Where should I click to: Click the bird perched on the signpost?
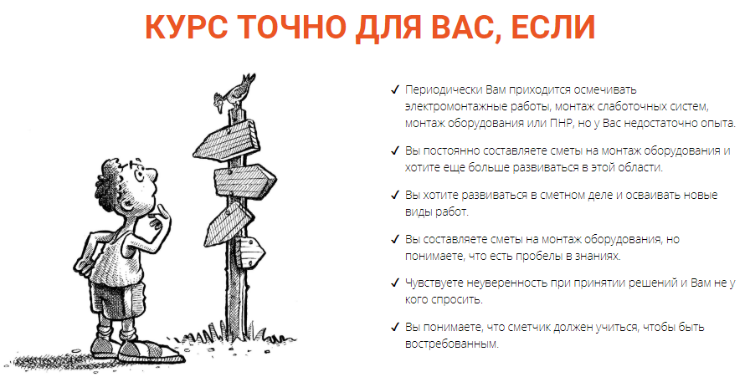point(234,92)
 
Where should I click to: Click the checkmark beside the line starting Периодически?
point(394,89)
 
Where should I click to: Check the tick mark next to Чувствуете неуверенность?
point(394,283)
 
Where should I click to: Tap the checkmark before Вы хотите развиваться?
point(394,195)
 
